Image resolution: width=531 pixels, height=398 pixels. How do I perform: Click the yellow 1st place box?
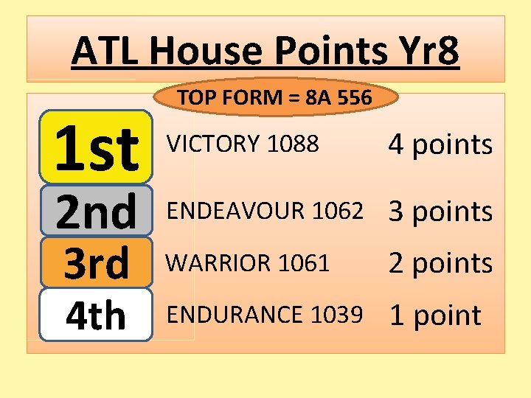(x=96, y=147)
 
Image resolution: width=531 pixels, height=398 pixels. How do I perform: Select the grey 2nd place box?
(x=96, y=211)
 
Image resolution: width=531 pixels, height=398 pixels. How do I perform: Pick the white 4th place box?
(x=96, y=315)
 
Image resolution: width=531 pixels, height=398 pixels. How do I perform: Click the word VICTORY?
(x=215, y=144)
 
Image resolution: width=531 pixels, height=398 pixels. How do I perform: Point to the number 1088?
(x=293, y=144)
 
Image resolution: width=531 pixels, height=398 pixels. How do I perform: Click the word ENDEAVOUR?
(x=237, y=211)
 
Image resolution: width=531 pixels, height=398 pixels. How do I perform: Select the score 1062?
(x=338, y=211)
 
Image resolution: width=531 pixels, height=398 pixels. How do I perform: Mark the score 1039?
(x=337, y=314)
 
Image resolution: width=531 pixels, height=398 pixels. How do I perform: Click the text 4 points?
(x=440, y=145)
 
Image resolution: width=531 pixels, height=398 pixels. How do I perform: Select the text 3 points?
(x=440, y=212)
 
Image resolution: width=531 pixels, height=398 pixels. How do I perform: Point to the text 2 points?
(x=440, y=263)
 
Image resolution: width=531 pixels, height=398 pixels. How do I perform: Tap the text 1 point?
(x=434, y=315)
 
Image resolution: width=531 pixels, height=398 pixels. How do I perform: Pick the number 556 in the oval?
(x=355, y=97)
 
